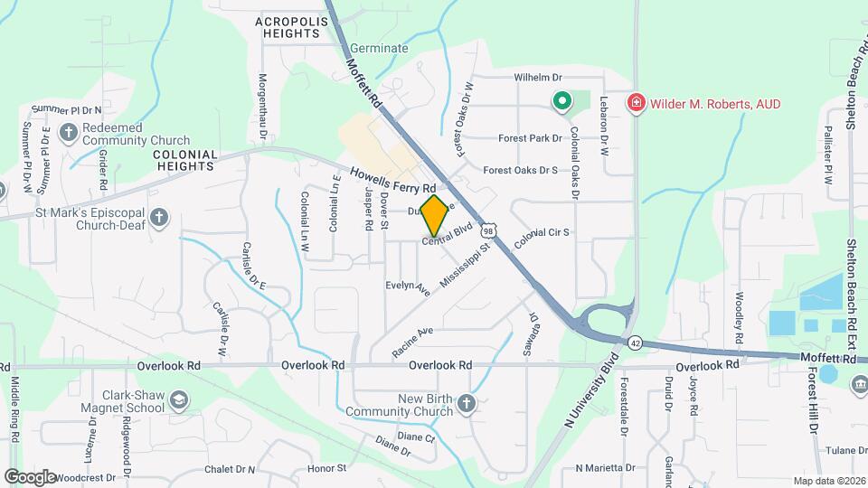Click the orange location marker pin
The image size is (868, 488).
pos(434,216)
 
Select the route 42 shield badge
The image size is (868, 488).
pos(636,343)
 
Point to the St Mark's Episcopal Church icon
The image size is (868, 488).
pos(159,217)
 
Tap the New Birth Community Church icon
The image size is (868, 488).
pos(466,402)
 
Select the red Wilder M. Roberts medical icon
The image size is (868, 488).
pos(636,103)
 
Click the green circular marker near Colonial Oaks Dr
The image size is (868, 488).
pos(561,101)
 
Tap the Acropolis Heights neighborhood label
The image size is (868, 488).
pos(288,27)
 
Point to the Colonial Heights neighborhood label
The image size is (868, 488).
pos(186,160)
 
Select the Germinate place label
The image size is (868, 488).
pos(378,49)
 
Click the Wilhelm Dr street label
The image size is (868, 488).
pos(538,79)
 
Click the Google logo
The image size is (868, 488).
pos(31,476)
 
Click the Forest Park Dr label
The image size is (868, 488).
pos(532,139)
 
